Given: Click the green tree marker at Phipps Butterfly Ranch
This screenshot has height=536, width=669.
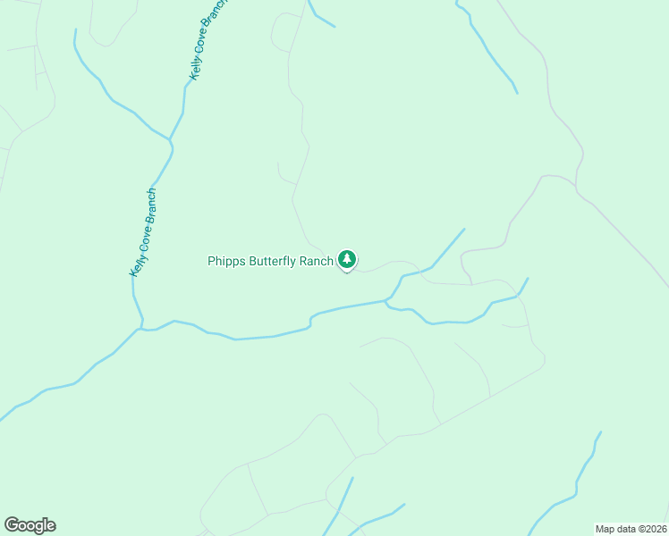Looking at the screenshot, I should coord(347,260).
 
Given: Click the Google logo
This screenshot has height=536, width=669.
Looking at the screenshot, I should coord(30,525).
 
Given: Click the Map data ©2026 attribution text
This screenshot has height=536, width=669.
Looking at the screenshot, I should coord(631,529).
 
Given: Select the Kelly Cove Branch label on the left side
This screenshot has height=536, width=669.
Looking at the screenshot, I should coord(143,232).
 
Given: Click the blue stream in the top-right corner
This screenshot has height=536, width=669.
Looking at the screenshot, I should coord(487,49).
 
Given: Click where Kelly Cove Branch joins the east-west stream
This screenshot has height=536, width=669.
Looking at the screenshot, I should coord(140,329).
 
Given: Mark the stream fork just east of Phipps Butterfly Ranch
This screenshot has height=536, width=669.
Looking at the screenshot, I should coord(386,302).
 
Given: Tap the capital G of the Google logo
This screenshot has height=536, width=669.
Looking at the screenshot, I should coord(13,525).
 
